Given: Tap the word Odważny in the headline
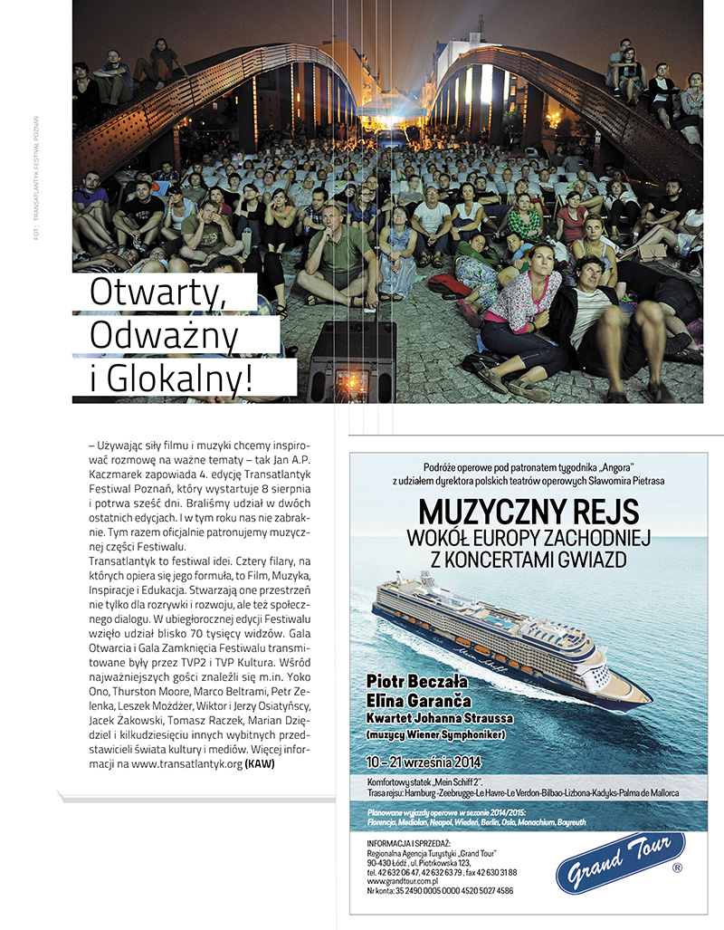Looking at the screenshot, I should click(x=165, y=337).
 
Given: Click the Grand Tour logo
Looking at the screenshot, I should click(x=618, y=862).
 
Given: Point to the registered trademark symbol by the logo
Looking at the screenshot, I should click(x=677, y=868).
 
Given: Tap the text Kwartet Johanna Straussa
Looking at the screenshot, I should click(x=438, y=718).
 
